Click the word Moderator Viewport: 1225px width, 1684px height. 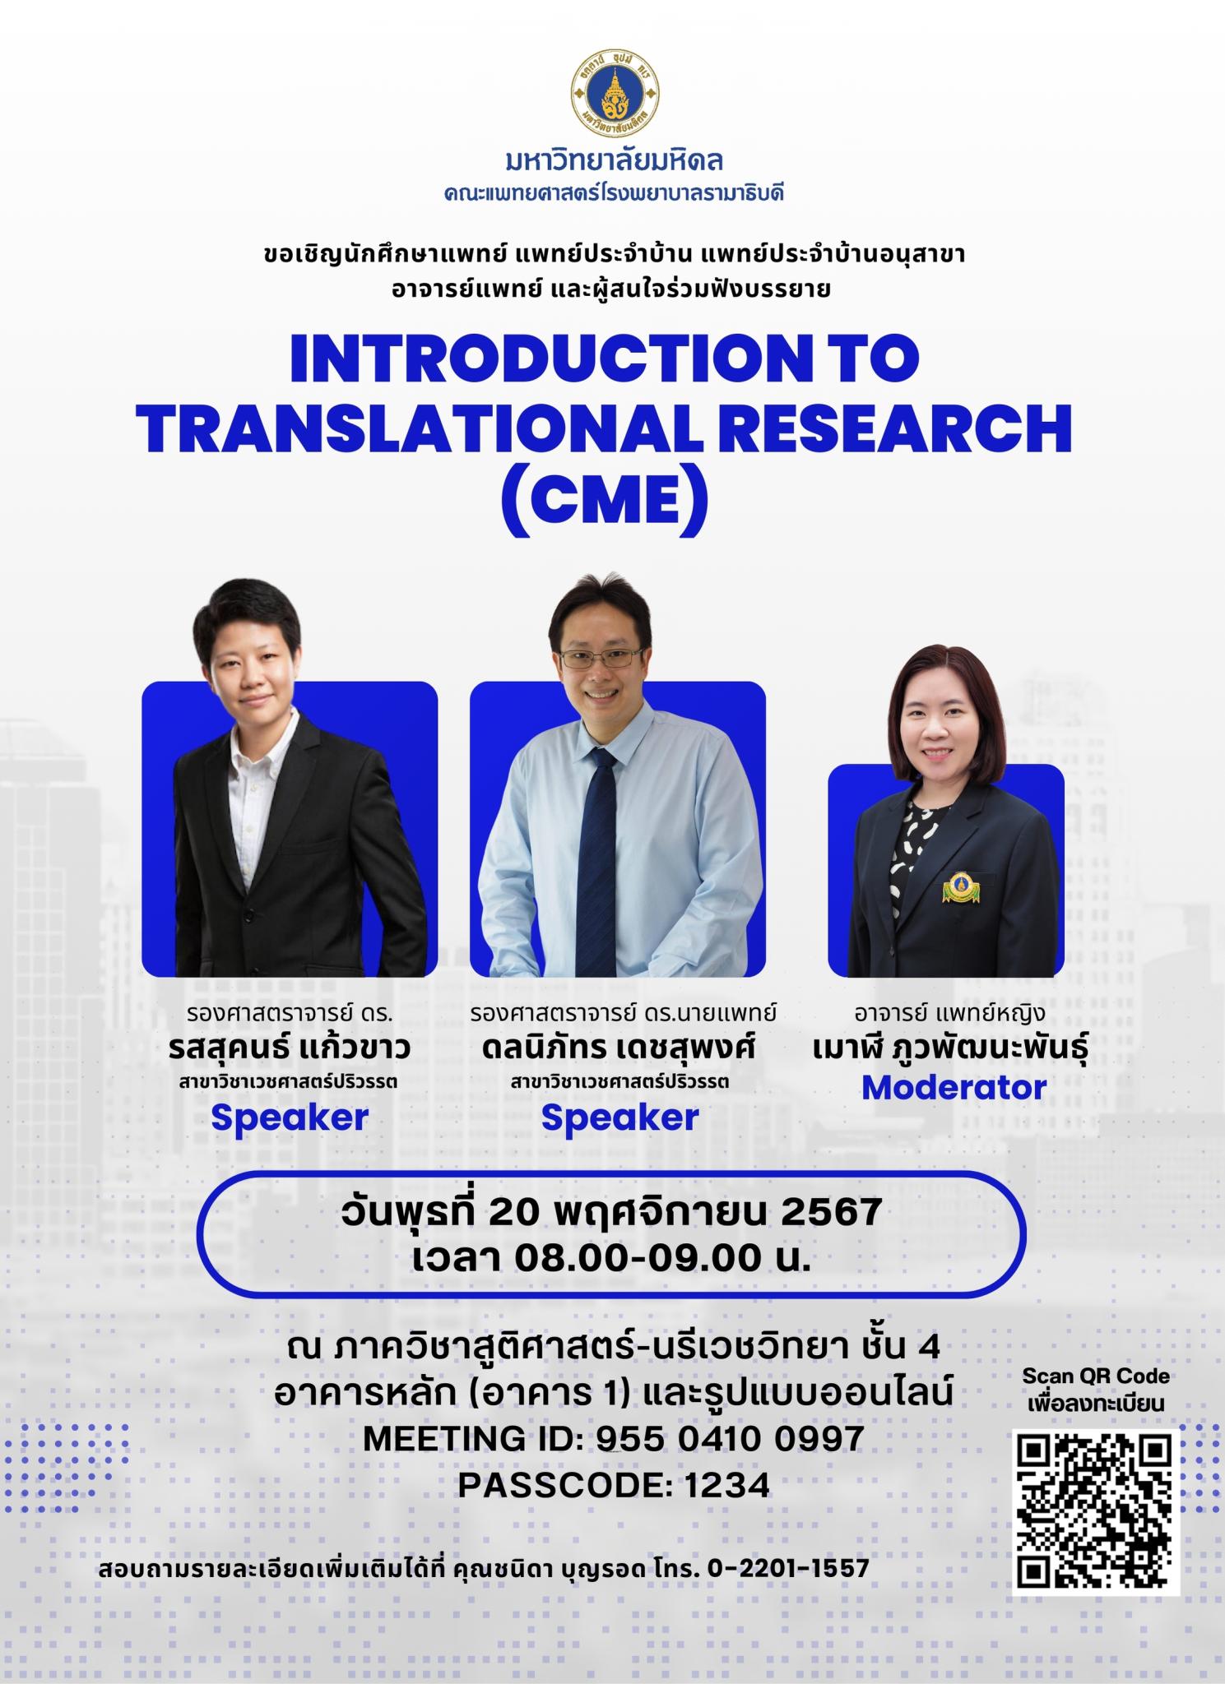pyautogui.click(x=954, y=1088)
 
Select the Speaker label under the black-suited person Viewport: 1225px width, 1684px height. pyautogui.click(x=290, y=1118)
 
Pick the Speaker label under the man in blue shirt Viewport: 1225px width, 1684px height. pyautogui.click(x=619, y=1118)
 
